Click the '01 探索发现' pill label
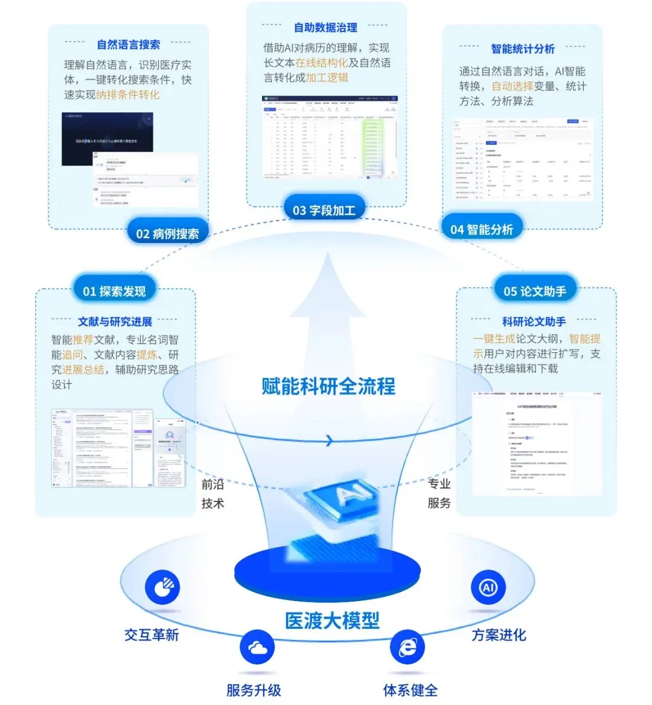click(x=114, y=292)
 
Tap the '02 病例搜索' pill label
click(x=167, y=234)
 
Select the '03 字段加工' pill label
click(x=324, y=210)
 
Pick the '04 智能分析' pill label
click(x=482, y=230)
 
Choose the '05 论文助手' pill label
click(x=535, y=292)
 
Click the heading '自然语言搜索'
click(x=129, y=45)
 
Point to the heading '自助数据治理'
click(x=325, y=28)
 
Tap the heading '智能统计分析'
click(x=523, y=49)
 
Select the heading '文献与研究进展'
click(x=115, y=322)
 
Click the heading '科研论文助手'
click(x=534, y=322)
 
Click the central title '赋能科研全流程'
click(x=328, y=385)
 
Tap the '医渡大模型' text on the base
click(x=332, y=620)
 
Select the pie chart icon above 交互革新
click(x=162, y=587)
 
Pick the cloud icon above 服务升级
click(x=257, y=648)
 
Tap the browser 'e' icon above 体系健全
click(x=407, y=648)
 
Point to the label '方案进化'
click(x=499, y=635)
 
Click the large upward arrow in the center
click(x=328, y=302)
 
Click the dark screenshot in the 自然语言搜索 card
click(x=107, y=139)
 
